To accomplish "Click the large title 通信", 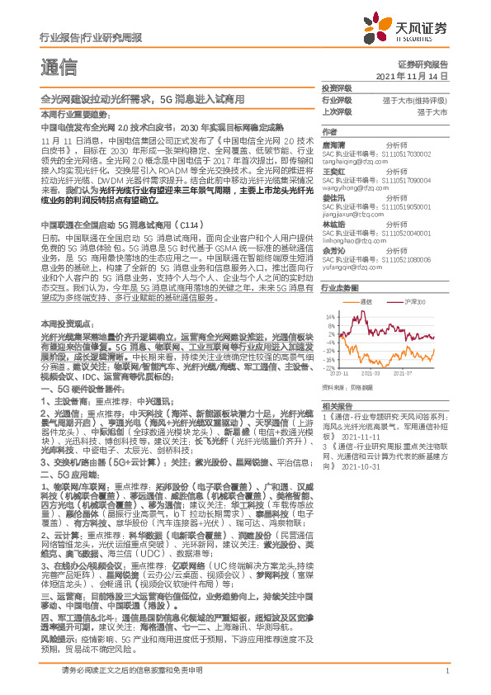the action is pos(59,66).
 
